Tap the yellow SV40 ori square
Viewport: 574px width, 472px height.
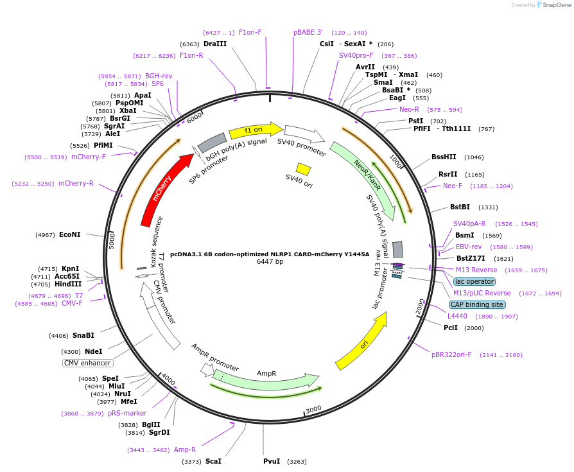pyautogui.click(x=303, y=169)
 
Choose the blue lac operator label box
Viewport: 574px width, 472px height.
pyautogui.click(x=474, y=281)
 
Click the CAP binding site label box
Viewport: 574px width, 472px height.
pyautogui.click(x=477, y=304)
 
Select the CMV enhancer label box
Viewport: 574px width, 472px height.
pyautogui.click(x=87, y=363)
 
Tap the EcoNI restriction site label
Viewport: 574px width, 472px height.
pyautogui.click(x=69, y=234)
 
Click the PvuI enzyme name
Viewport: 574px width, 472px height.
pyautogui.click(x=272, y=461)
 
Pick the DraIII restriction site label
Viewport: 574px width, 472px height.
pyautogui.click(x=215, y=44)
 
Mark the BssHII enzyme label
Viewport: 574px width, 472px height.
pyautogui.click(x=444, y=157)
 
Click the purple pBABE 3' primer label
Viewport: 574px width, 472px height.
pyautogui.click(x=308, y=32)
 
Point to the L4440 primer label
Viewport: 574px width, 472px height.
pyautogui.click(x=458, y=316)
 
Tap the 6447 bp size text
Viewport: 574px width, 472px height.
pyautogui.click(x=270, y=261)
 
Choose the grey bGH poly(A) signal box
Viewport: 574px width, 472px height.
pyautogui.click(x=212, y=142)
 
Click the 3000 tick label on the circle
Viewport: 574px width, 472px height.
pyautogui.click(x=313, y=409)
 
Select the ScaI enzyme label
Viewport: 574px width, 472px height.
pyautogui.click(x=213, y=461)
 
